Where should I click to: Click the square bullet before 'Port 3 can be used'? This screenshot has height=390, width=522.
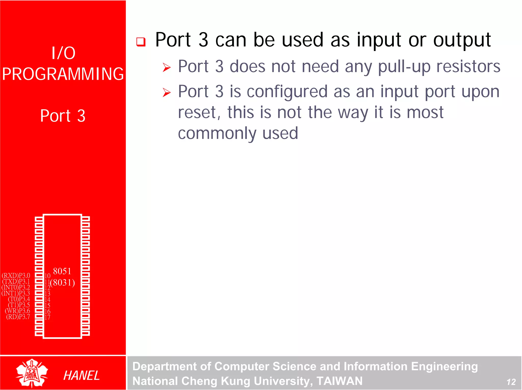141,42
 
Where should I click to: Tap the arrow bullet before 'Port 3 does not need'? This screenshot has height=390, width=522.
167,67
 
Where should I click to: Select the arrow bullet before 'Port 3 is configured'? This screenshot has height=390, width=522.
167,92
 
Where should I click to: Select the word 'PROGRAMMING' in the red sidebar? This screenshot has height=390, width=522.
63,74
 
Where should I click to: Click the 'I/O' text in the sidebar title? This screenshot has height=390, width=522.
63,53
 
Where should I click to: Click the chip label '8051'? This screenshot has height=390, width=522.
62,271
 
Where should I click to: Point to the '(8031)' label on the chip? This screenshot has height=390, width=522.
63,283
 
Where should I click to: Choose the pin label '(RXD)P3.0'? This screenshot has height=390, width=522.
16,276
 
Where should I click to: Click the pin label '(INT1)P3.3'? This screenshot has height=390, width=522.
16,293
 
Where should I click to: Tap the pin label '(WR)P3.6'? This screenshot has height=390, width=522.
17,311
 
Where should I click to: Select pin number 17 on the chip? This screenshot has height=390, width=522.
47,317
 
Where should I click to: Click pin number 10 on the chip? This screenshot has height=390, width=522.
47,276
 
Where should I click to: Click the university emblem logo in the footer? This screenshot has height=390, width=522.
32,373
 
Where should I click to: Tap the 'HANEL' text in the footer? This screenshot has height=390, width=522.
81,375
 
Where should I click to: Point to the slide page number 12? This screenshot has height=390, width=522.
511,382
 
